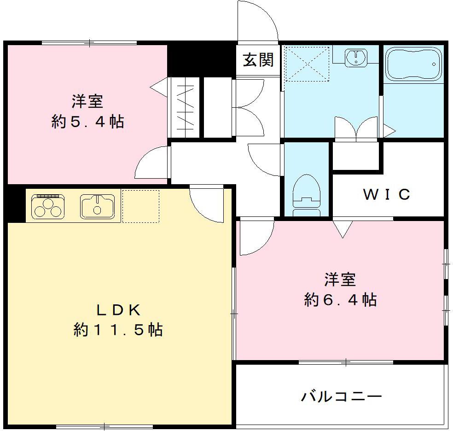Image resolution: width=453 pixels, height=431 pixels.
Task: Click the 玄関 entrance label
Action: [x=258, y=60]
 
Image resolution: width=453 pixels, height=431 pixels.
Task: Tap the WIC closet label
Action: [x=387, y=195]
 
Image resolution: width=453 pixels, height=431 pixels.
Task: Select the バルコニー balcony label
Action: [x=342, y=396]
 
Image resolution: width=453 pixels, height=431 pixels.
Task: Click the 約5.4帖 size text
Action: [x=87, y=122]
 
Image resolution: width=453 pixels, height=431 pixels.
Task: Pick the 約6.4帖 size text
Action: [x=340, y=300]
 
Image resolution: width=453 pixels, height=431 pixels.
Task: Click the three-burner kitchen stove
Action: [x=48, y=206]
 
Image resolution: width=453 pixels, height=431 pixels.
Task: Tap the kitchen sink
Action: [x=97, y=206]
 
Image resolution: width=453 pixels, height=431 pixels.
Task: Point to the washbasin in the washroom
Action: [x=356, y=58]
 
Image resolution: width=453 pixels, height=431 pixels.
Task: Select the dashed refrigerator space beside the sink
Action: [x=140, y=206]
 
